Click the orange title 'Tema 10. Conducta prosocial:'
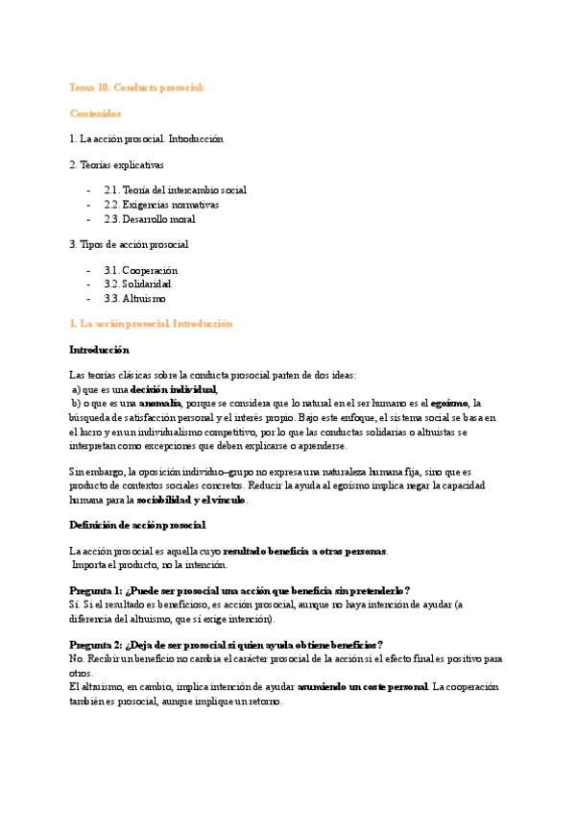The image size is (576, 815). click(136, 87)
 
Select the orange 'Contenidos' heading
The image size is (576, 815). click(95, 113)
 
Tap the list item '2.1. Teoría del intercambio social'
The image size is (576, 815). click(176, 190)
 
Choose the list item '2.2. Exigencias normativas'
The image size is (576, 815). click(161, 205)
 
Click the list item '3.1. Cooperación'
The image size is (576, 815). click(141, 271)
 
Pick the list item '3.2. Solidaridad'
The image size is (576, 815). click(137, 284)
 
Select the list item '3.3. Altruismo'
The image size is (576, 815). click(134, 299)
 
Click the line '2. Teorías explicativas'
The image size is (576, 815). click(116, 164)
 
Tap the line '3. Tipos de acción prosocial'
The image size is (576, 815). click(129, 244)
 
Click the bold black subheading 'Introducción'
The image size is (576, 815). click(99, 350)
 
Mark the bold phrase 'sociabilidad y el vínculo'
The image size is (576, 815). click(191, 500)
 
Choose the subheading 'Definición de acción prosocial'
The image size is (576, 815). click(137, 525)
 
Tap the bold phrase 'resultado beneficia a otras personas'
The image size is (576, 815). click(304, 551)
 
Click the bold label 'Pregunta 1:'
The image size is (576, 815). click(97, 590)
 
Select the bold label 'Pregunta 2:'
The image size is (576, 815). click(97, 644)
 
